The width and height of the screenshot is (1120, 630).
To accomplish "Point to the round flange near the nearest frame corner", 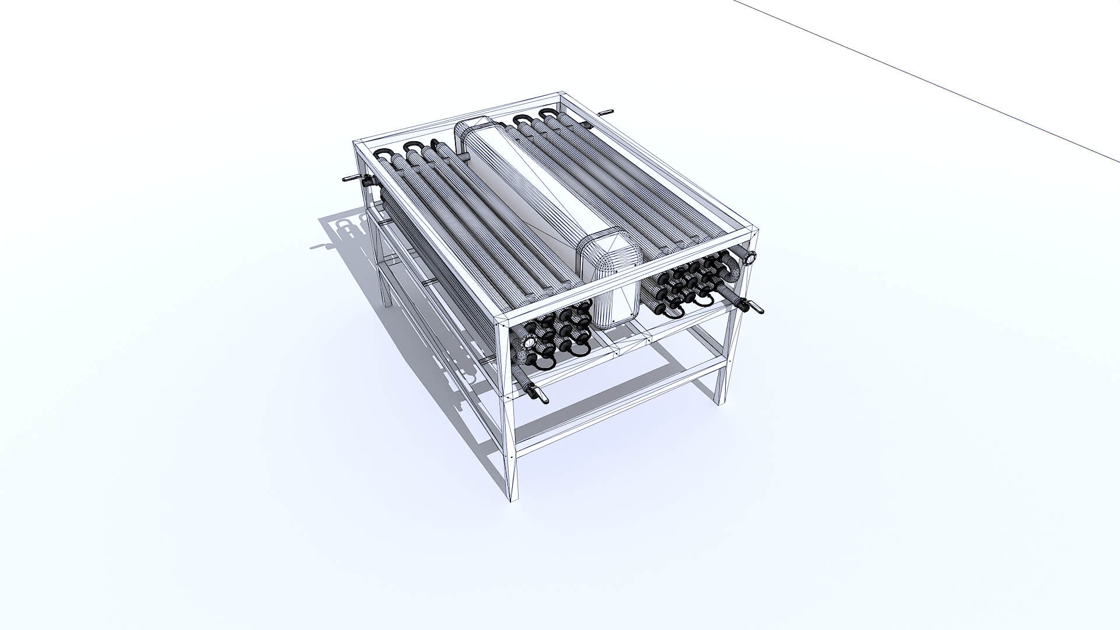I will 529,343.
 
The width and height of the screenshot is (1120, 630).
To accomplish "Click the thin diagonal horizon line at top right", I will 933,82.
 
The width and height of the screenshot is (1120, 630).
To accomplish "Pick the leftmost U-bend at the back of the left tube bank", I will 383,153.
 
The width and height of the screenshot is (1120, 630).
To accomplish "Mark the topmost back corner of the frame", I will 561,94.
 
